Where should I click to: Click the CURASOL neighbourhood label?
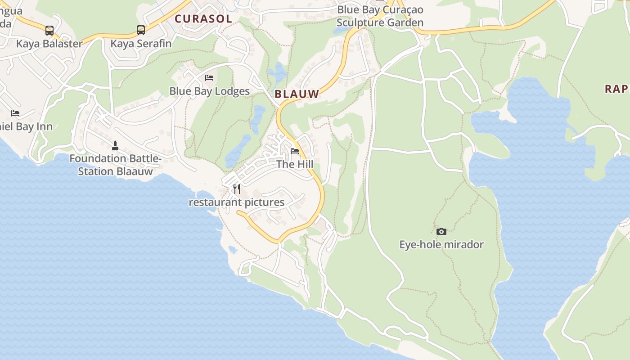coord(203,19)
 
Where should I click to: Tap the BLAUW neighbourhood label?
coord(297,94)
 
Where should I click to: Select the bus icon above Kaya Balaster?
coord(49,31)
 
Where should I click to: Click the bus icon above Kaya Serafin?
coord(141,30)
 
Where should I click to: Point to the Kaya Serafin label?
coord(141,44)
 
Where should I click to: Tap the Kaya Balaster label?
coord(49,44)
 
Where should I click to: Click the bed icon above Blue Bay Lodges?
coord(209,78)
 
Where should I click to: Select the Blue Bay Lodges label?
coord(209,91)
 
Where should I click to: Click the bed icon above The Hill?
coord(295,151)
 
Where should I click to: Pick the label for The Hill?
coord(295,164)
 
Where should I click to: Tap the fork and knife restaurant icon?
coord(237,189)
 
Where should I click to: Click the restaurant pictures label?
coord(237,202)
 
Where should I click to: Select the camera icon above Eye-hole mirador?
coord(441,231)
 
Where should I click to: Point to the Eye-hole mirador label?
coord(441,245)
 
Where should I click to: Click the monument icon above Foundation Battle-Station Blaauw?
coord(115,145)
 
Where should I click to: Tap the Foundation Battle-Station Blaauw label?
coord(115,165)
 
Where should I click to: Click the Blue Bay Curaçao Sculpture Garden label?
coord(380,16)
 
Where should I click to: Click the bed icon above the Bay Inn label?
coord(15,113)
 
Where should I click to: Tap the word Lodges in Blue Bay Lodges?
coord(232,91)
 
